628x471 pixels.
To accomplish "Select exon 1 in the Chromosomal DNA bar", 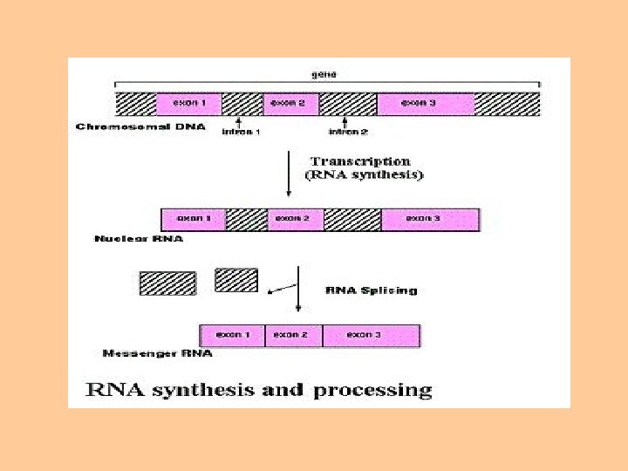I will [188, 104].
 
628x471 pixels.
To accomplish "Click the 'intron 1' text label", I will [241, 133].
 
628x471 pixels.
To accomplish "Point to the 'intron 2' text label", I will [347, 133].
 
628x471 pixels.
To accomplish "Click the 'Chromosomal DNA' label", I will [140, 127].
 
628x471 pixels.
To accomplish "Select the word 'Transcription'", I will [360, 161].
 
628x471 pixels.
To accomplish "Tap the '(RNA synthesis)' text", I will [364, 175].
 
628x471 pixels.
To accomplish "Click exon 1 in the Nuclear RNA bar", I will [193, 219].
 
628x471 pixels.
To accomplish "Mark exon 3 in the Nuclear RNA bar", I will [430, 219].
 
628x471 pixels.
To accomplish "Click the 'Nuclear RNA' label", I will [139, 239].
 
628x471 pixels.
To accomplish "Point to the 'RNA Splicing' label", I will [371, 290].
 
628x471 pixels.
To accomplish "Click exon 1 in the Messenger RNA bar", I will [232, 336].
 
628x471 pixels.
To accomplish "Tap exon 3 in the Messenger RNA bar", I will [371, 336].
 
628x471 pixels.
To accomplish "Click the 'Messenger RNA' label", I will [157, 354].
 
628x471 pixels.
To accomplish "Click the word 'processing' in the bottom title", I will [372, 390].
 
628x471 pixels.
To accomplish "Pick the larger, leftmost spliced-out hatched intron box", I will [167, 283].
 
